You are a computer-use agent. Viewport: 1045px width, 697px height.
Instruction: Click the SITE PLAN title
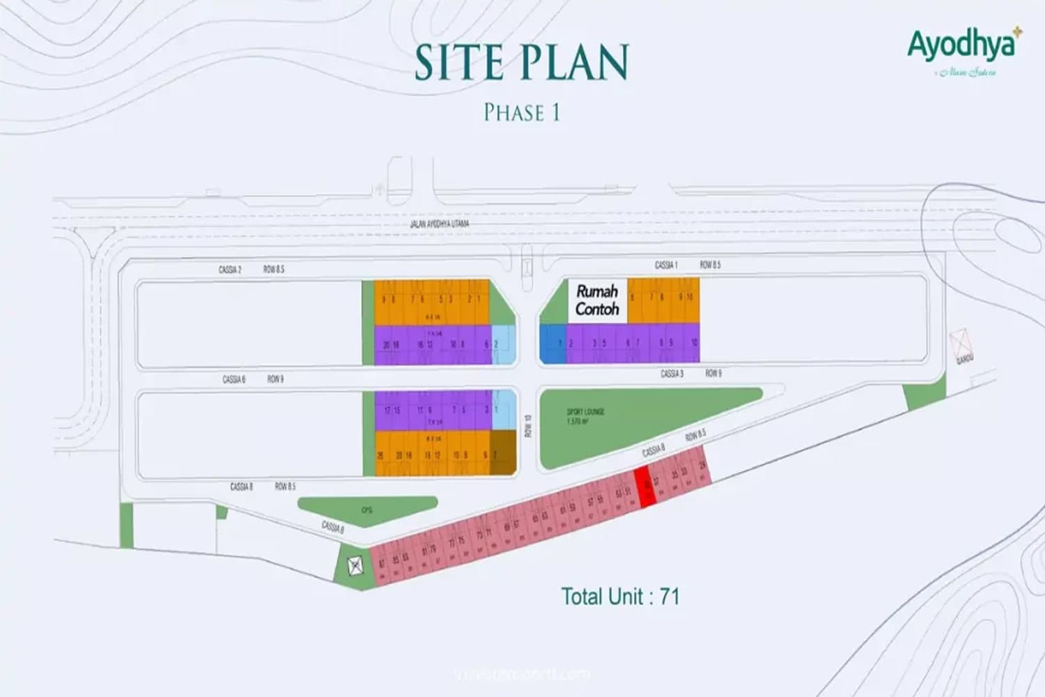[x=522, y=62]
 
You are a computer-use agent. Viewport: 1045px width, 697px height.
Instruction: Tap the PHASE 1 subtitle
[x=522, y=112]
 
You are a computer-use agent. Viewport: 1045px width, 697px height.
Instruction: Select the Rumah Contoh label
[x=597, y=300]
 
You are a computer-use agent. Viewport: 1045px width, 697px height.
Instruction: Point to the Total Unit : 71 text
[x=620, y=597]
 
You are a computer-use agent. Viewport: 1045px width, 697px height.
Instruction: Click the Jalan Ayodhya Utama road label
[x=440, y=224]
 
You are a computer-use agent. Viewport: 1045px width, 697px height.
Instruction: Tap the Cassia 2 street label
[x=230, y=269]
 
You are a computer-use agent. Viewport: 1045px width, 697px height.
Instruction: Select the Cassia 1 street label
[x=666, y=265]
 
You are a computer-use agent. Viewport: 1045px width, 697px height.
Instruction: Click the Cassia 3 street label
[x=672, y=374]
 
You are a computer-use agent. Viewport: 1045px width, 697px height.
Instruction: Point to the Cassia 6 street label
[x=234, y=379]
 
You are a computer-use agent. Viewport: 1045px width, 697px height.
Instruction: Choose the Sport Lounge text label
[x=585, y=416]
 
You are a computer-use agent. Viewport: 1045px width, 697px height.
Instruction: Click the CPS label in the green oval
[x=366, y=510]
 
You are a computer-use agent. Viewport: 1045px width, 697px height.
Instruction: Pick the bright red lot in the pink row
[x=646, y=487]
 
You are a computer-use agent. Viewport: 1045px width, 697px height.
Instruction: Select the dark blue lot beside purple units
[x=552, y=344]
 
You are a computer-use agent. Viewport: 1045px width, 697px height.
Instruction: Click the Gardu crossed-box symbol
[x=960, y=343]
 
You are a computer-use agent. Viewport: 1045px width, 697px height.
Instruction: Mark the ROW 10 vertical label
[x=528, y=426]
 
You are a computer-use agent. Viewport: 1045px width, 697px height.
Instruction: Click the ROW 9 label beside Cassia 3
[x=713, y=374]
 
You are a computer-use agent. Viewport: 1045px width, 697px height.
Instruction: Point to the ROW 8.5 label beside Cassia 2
[x=274, y=269]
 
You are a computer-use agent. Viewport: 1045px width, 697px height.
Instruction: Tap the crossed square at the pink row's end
[x=355, y=565]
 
